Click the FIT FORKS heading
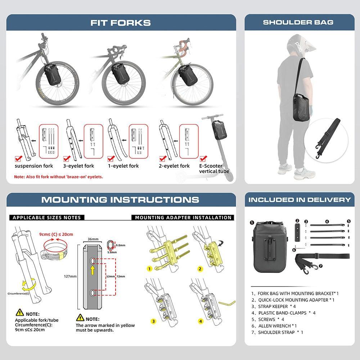pyautogui.click(x=120, y=23)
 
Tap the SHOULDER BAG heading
pyautogui.click(x=298, y=22)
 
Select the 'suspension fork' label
pyautogui.click(x=34, y=166)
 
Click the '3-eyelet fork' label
pyautogui.click(x=78, y=166)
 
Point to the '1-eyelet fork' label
pyautogui.click(x=124, y=166)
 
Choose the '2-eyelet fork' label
pyautogui.click(x=175, y=166)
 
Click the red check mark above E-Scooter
pyautogui.click(x=203, y=159)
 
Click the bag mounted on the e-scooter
pyautogui.click(x=219, y=129)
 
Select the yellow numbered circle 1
pyautogui.click(x=149, y=269)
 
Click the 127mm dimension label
pyautogui.click(x=71, y=276)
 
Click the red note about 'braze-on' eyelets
pyautogui.click(x=58, y=177)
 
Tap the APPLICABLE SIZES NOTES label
pyautogui.click(x=47, y=217)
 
